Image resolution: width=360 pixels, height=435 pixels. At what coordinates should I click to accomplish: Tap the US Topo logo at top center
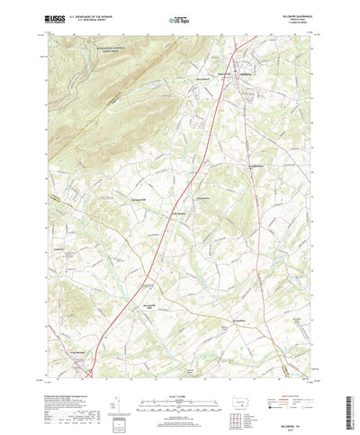pyautogui.click(x=180, y=17)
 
